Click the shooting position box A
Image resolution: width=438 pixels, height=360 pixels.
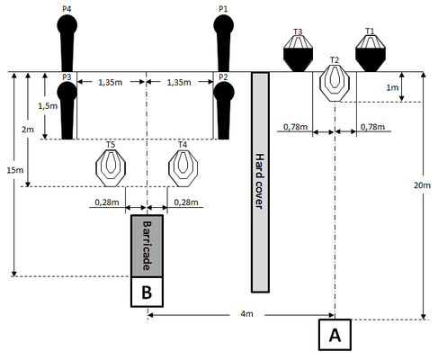coord(335,335)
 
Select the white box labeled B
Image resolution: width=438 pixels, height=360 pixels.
coord(147,292)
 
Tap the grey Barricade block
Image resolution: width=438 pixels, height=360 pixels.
coord(147,246)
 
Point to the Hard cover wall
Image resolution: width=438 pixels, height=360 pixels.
coord(260,182)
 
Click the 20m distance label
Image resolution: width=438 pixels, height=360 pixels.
coord(422,185)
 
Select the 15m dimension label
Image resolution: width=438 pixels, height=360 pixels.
coord(15,170)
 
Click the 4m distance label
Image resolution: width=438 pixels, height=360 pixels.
coord(246,314)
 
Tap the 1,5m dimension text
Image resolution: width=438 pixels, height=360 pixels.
coord(48,105)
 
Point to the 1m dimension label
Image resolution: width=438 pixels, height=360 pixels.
coord(392,87)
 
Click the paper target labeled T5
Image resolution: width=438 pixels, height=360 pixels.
coord(111,167)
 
